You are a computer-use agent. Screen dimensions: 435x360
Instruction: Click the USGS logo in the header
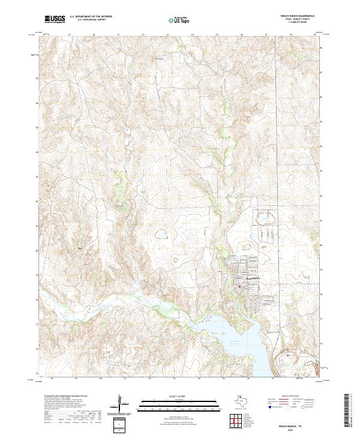(x=55, y=20)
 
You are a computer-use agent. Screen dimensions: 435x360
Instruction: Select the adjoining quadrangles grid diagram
(x=238, y=422)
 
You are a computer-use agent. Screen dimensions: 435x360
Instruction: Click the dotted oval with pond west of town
(x=161, y=232)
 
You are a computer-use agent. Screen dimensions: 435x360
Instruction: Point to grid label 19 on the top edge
(x=69, y=34)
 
